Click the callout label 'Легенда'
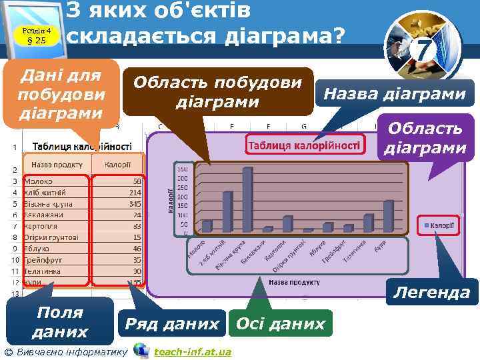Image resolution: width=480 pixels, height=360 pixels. (431, 291)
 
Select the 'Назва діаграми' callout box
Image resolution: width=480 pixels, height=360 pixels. (394, 94)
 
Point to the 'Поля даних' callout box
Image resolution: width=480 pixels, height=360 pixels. (60, 322)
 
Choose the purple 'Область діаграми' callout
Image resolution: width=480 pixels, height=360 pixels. (425, 138)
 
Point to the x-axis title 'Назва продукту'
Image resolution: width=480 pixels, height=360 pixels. (293, 282)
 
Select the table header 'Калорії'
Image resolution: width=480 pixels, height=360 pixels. (117, 164)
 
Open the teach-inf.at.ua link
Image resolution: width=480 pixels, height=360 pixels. (192, 351)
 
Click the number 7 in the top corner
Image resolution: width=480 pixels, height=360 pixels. (423, 49)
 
